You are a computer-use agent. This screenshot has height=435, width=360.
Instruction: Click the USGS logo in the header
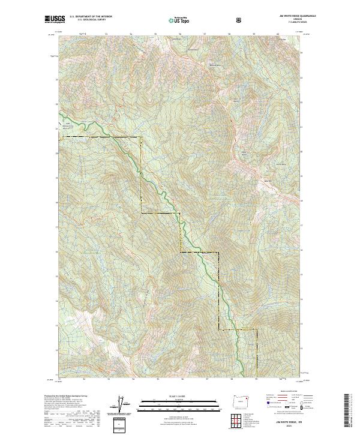55,19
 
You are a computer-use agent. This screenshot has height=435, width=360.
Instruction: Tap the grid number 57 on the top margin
205,34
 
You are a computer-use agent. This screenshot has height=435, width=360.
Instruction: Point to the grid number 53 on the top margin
106,34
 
